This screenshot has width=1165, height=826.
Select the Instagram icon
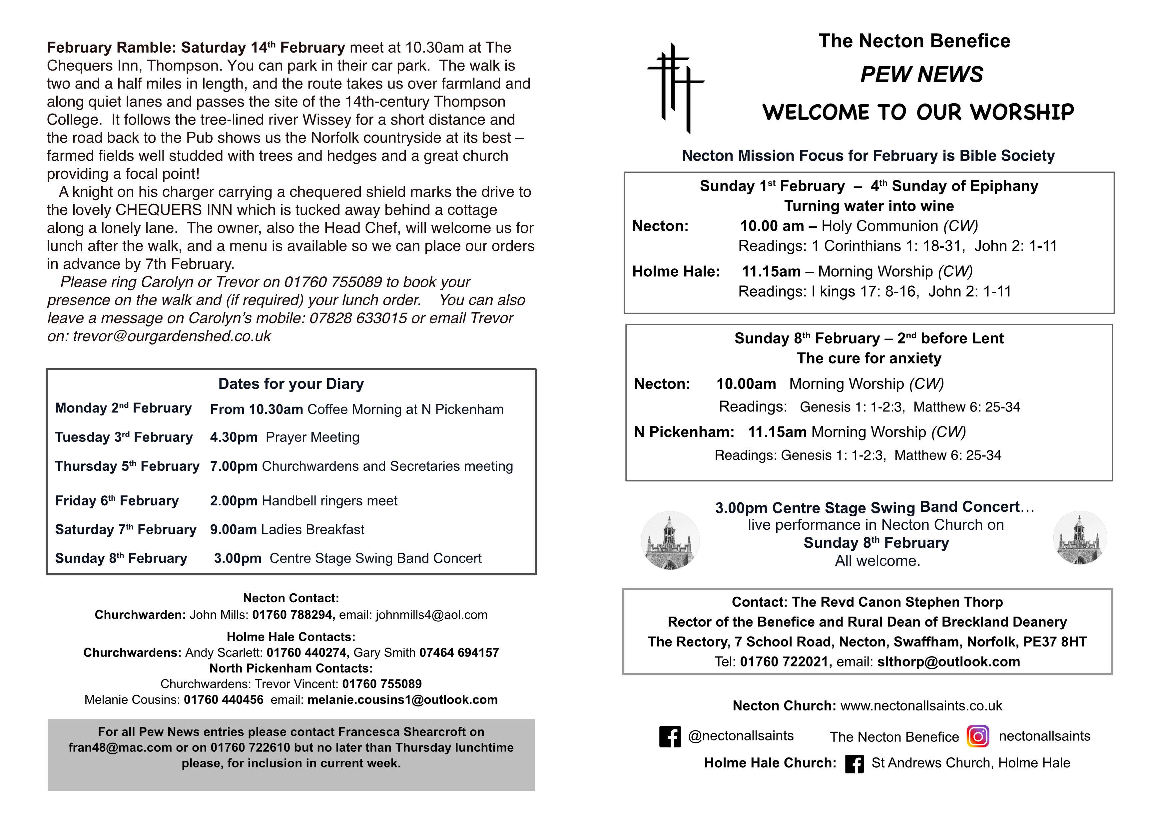(978, 736)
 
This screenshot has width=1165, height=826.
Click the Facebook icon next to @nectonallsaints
(670, 736)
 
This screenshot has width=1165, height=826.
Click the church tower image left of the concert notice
(670, 540)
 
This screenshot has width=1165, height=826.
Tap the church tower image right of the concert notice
(1079, 538)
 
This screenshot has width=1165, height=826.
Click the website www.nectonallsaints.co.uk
(921, 706)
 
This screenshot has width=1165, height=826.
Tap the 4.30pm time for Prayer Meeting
(234, 437)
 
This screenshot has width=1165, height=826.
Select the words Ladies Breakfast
(312, 529)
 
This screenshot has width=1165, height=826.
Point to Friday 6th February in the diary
(117, 501)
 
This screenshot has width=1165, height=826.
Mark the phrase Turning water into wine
(869, 206)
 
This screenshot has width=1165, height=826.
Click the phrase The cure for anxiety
(869, 359)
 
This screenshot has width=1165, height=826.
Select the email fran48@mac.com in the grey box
(120, 748)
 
